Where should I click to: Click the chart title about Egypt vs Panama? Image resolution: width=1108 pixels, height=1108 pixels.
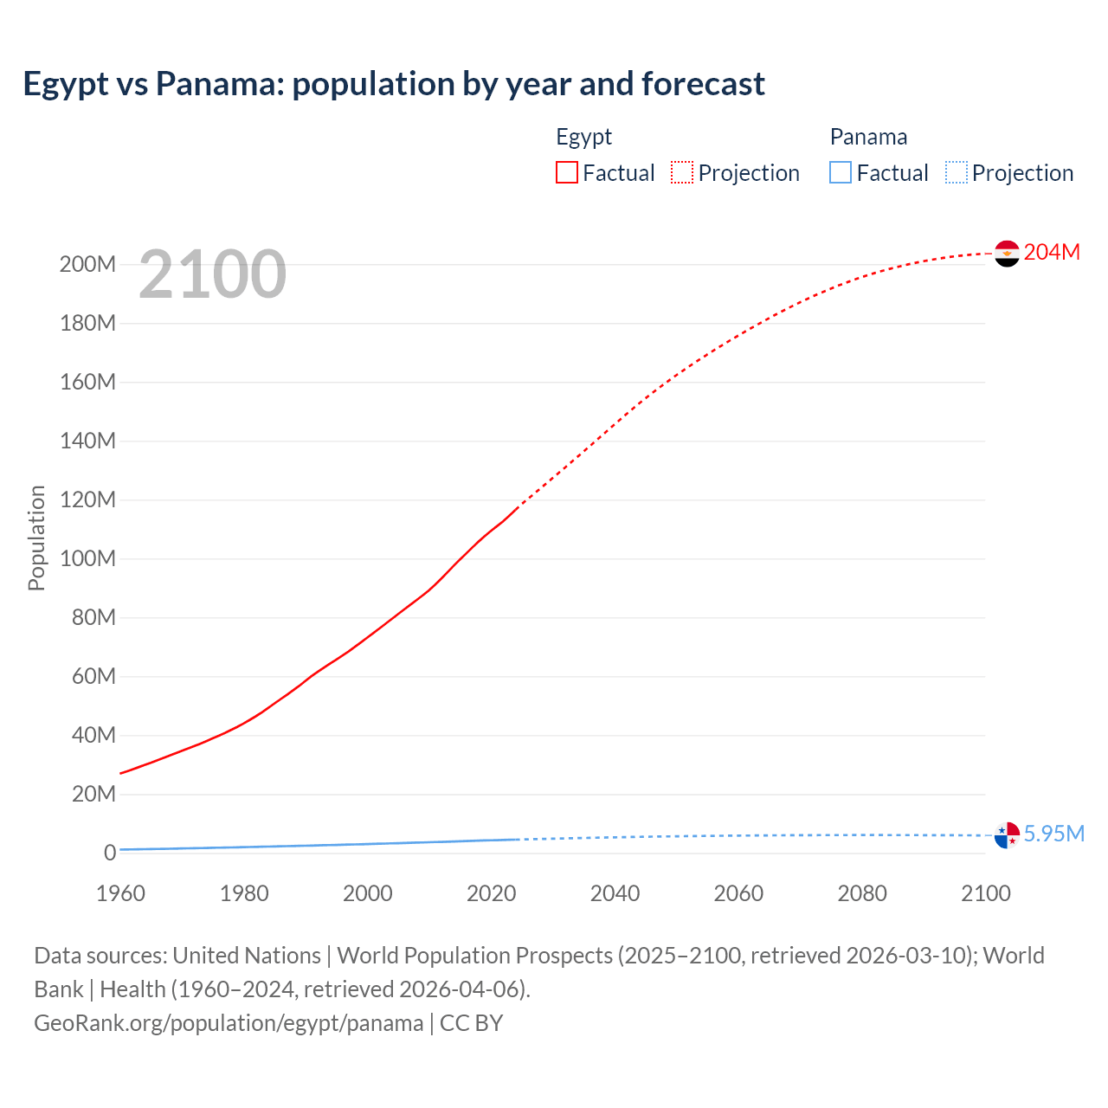tap(394, 84)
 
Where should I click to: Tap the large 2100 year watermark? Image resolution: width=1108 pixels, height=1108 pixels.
tap(212, 274)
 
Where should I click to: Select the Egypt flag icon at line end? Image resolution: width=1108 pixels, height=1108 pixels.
tap(1007, 253)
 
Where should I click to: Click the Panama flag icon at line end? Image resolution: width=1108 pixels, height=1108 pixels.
tap(1007, 834)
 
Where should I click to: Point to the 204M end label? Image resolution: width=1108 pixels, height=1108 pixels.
tap(1052, 252)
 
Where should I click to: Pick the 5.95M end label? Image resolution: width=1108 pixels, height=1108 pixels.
tap(1053, 834)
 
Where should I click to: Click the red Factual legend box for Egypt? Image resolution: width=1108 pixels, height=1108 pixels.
tap(567, 172)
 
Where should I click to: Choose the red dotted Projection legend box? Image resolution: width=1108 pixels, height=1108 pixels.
tap(682, 172)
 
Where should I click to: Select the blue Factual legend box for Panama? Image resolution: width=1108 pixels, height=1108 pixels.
tap(841, 172)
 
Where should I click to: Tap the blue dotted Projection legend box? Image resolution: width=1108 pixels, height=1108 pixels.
tap(957, 172)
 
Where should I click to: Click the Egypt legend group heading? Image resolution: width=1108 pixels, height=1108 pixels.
tap(583, 137)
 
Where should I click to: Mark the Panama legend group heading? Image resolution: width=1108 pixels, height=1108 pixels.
tap(868, 137)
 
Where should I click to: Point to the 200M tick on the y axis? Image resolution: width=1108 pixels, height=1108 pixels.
tap(87, 264)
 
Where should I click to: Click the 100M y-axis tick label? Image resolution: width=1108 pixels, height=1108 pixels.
tap(87, 558)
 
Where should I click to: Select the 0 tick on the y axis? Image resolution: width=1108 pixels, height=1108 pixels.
tap(109, 853)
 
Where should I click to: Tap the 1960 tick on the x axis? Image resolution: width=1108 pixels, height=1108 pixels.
tap(120, 893)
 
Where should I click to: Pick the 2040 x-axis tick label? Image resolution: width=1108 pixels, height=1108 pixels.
tap(615, 893)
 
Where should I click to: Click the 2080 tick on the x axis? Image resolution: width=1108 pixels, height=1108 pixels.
tap(862, 893)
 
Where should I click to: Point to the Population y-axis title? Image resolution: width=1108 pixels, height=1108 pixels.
tap(36, 538)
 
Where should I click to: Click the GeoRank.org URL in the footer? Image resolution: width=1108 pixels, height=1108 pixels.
tap(229, 1023)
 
